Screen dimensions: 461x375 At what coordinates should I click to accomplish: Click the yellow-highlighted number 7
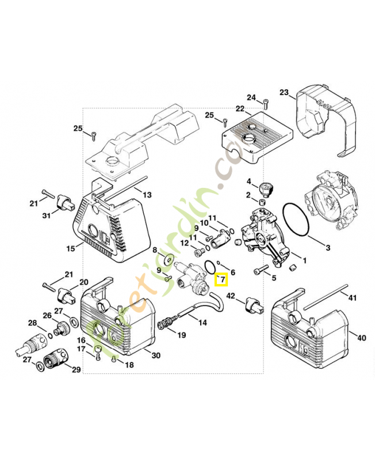click(x=221, y=280)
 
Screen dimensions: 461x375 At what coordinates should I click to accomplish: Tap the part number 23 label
click(x=284, y=92)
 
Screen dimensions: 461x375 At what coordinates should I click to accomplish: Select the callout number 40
click(x=361, y=338)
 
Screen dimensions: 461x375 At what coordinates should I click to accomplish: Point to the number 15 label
click(x=71, y=248)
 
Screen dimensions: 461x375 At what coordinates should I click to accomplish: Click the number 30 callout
click(x=155, y=356)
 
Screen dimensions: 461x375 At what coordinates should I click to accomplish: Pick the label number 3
click(x=328, y=248)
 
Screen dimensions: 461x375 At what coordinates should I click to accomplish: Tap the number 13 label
click(x=147, y=195)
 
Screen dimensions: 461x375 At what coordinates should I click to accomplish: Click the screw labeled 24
click(x=265, y=105)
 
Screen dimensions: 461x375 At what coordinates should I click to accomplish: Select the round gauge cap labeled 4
click(x=266, y=187)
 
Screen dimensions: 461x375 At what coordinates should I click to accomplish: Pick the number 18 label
click(x=129, y=365)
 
